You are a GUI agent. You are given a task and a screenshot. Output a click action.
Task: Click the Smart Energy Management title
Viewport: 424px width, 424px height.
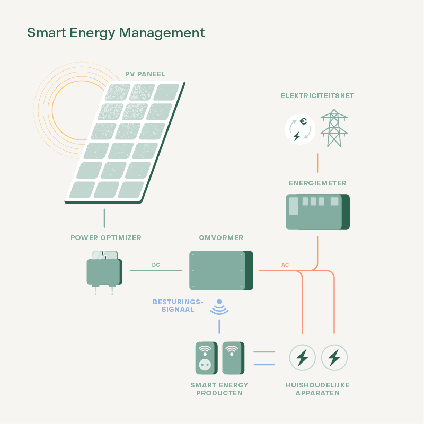116,33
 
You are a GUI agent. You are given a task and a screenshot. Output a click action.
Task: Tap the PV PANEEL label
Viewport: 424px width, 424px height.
145,74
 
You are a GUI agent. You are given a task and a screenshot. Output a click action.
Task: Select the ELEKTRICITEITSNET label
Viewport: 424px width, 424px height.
317,96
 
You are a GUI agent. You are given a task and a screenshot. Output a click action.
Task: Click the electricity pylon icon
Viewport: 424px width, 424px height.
334,128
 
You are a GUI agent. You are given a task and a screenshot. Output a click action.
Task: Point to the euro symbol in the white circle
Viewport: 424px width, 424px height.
303,122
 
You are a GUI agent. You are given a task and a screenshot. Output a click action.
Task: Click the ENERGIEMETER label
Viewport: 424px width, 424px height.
317,183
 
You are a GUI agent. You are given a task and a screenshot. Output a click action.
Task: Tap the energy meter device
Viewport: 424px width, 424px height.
317,211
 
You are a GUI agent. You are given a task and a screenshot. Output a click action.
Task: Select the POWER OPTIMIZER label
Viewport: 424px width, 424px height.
106,238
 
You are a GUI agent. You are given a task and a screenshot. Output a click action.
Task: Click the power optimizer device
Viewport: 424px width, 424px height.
104,271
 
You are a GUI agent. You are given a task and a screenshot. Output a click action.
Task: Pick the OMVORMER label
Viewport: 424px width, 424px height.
221,238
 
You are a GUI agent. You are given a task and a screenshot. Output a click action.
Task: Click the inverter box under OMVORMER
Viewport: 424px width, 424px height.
220,270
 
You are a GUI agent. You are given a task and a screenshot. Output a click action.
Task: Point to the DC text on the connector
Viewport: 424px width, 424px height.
156,264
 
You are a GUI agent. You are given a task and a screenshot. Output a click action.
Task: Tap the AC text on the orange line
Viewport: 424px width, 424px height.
285,264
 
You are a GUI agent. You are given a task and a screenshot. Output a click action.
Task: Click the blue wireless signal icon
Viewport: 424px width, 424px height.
219,307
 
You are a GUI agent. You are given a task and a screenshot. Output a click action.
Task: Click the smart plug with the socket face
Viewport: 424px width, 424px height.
205,358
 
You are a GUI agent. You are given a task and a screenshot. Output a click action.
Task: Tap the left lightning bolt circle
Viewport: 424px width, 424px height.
302,358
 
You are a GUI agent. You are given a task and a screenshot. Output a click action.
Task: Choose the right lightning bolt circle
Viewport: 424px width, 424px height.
334,358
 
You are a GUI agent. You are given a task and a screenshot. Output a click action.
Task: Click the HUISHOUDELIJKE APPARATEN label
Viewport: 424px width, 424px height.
317,389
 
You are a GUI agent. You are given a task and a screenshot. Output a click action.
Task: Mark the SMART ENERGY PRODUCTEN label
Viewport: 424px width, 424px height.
219,389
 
